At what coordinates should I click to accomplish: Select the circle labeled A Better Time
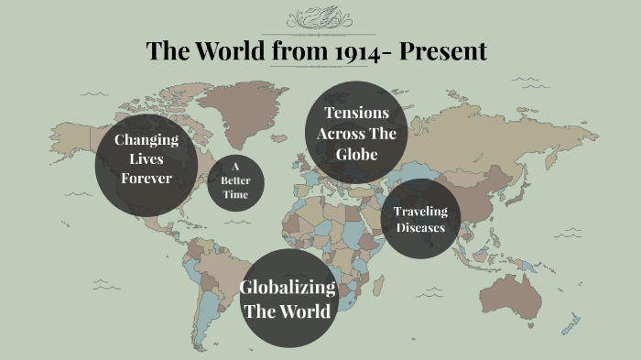[235, 180]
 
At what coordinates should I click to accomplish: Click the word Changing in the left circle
[146, 139]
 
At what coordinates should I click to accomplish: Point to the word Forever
[146, 178]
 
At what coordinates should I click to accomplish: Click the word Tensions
[356, 113]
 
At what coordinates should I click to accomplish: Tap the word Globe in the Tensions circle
[356, 154]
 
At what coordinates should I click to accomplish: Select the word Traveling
[420, 212]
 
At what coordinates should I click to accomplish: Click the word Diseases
[420, 227]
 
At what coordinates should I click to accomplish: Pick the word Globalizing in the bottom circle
[288, 288]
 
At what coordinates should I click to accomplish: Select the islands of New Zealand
[571, 325]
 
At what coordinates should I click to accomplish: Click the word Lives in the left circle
[146, 158]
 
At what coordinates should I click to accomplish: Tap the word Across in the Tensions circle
[356, 134]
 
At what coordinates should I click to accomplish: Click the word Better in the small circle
[235, 180]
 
